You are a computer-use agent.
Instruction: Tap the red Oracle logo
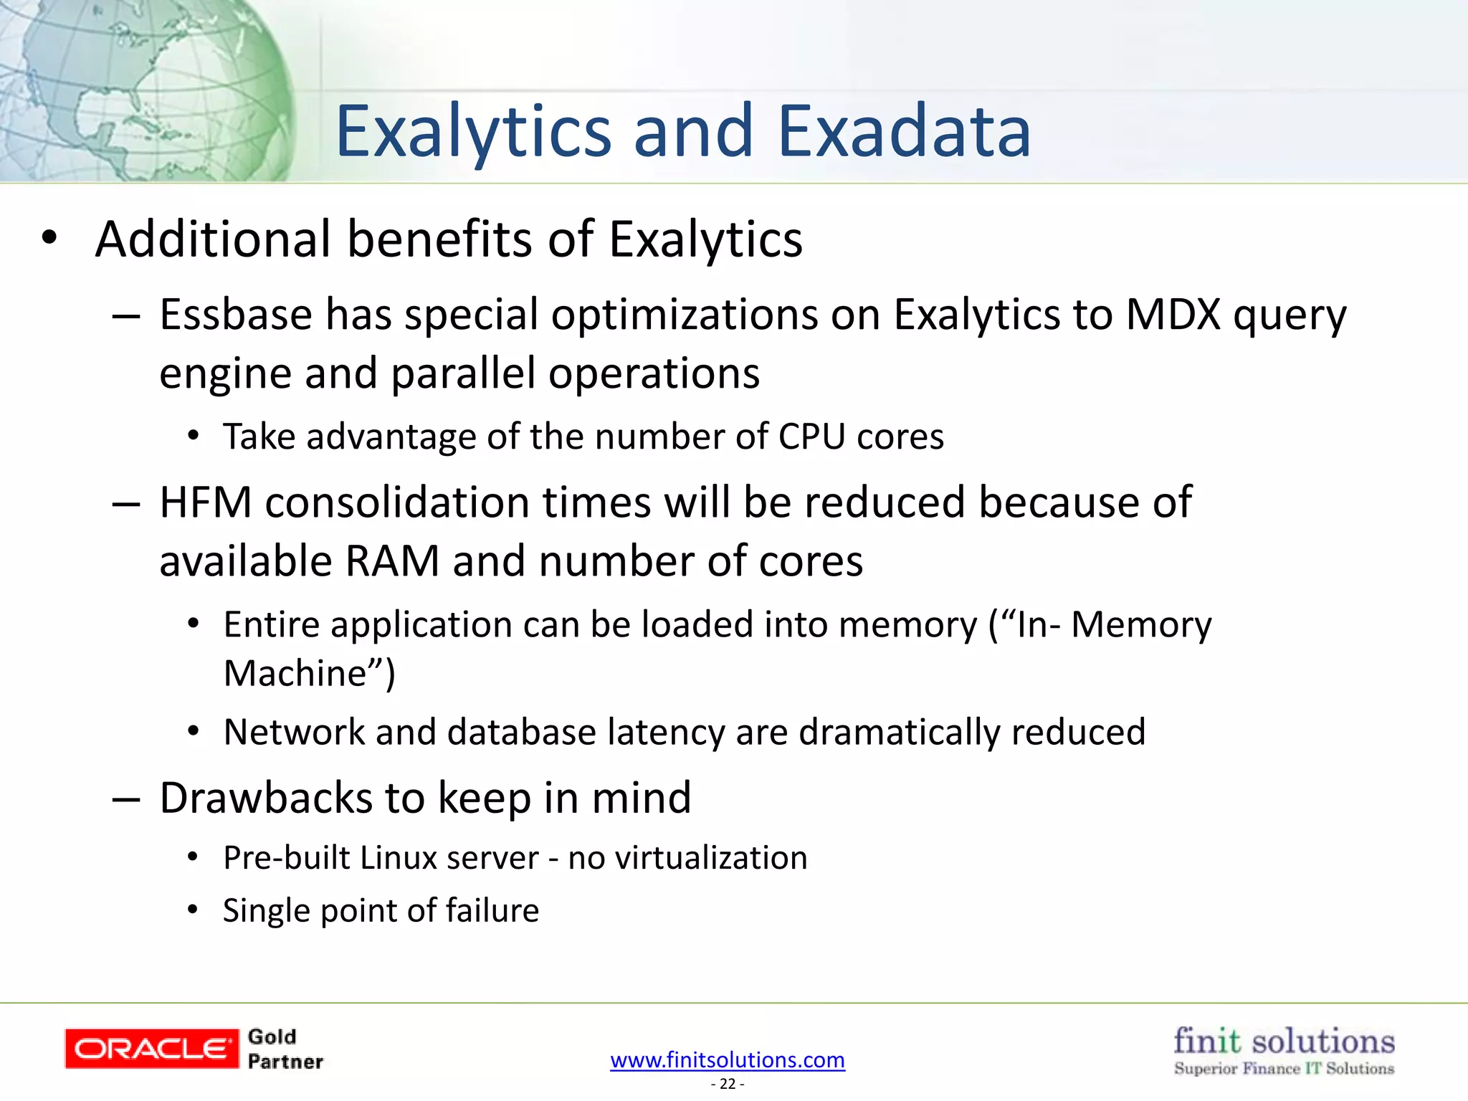(152, 1049)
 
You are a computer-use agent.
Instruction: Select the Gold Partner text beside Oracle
(285, 1049)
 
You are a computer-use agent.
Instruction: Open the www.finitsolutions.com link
(728, 1059)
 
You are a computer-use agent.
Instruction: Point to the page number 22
(728, 1084)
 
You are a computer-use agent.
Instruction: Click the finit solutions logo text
(1284, 1041)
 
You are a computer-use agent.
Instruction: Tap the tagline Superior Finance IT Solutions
(1284, 1069)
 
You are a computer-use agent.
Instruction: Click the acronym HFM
(206, 502)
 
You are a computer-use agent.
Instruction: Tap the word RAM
(392, 561)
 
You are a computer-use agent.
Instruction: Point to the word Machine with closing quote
(309, 673)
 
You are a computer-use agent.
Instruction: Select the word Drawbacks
(266, 798)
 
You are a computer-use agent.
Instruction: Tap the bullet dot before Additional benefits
(49, 238)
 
